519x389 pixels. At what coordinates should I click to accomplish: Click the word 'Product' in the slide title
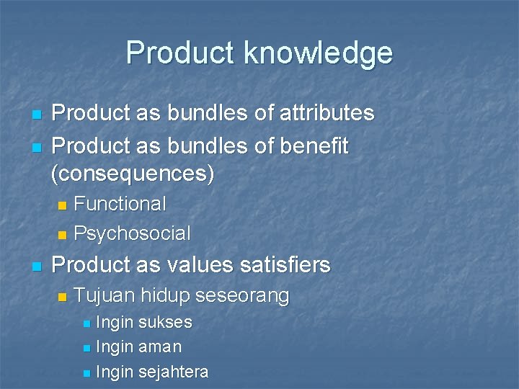click(180, 53)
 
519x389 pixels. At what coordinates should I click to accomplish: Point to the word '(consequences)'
click(133, 173)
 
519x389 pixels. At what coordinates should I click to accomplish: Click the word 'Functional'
click(120, 204)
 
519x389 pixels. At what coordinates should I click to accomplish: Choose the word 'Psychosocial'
click(132, 233)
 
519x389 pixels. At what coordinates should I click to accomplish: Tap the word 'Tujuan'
click(105, 295)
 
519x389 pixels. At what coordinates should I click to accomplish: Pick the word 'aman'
click(159, 346)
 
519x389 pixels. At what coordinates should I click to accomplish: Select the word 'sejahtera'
click(173, 372)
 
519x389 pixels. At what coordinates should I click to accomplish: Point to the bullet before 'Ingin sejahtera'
click(86, 373)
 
